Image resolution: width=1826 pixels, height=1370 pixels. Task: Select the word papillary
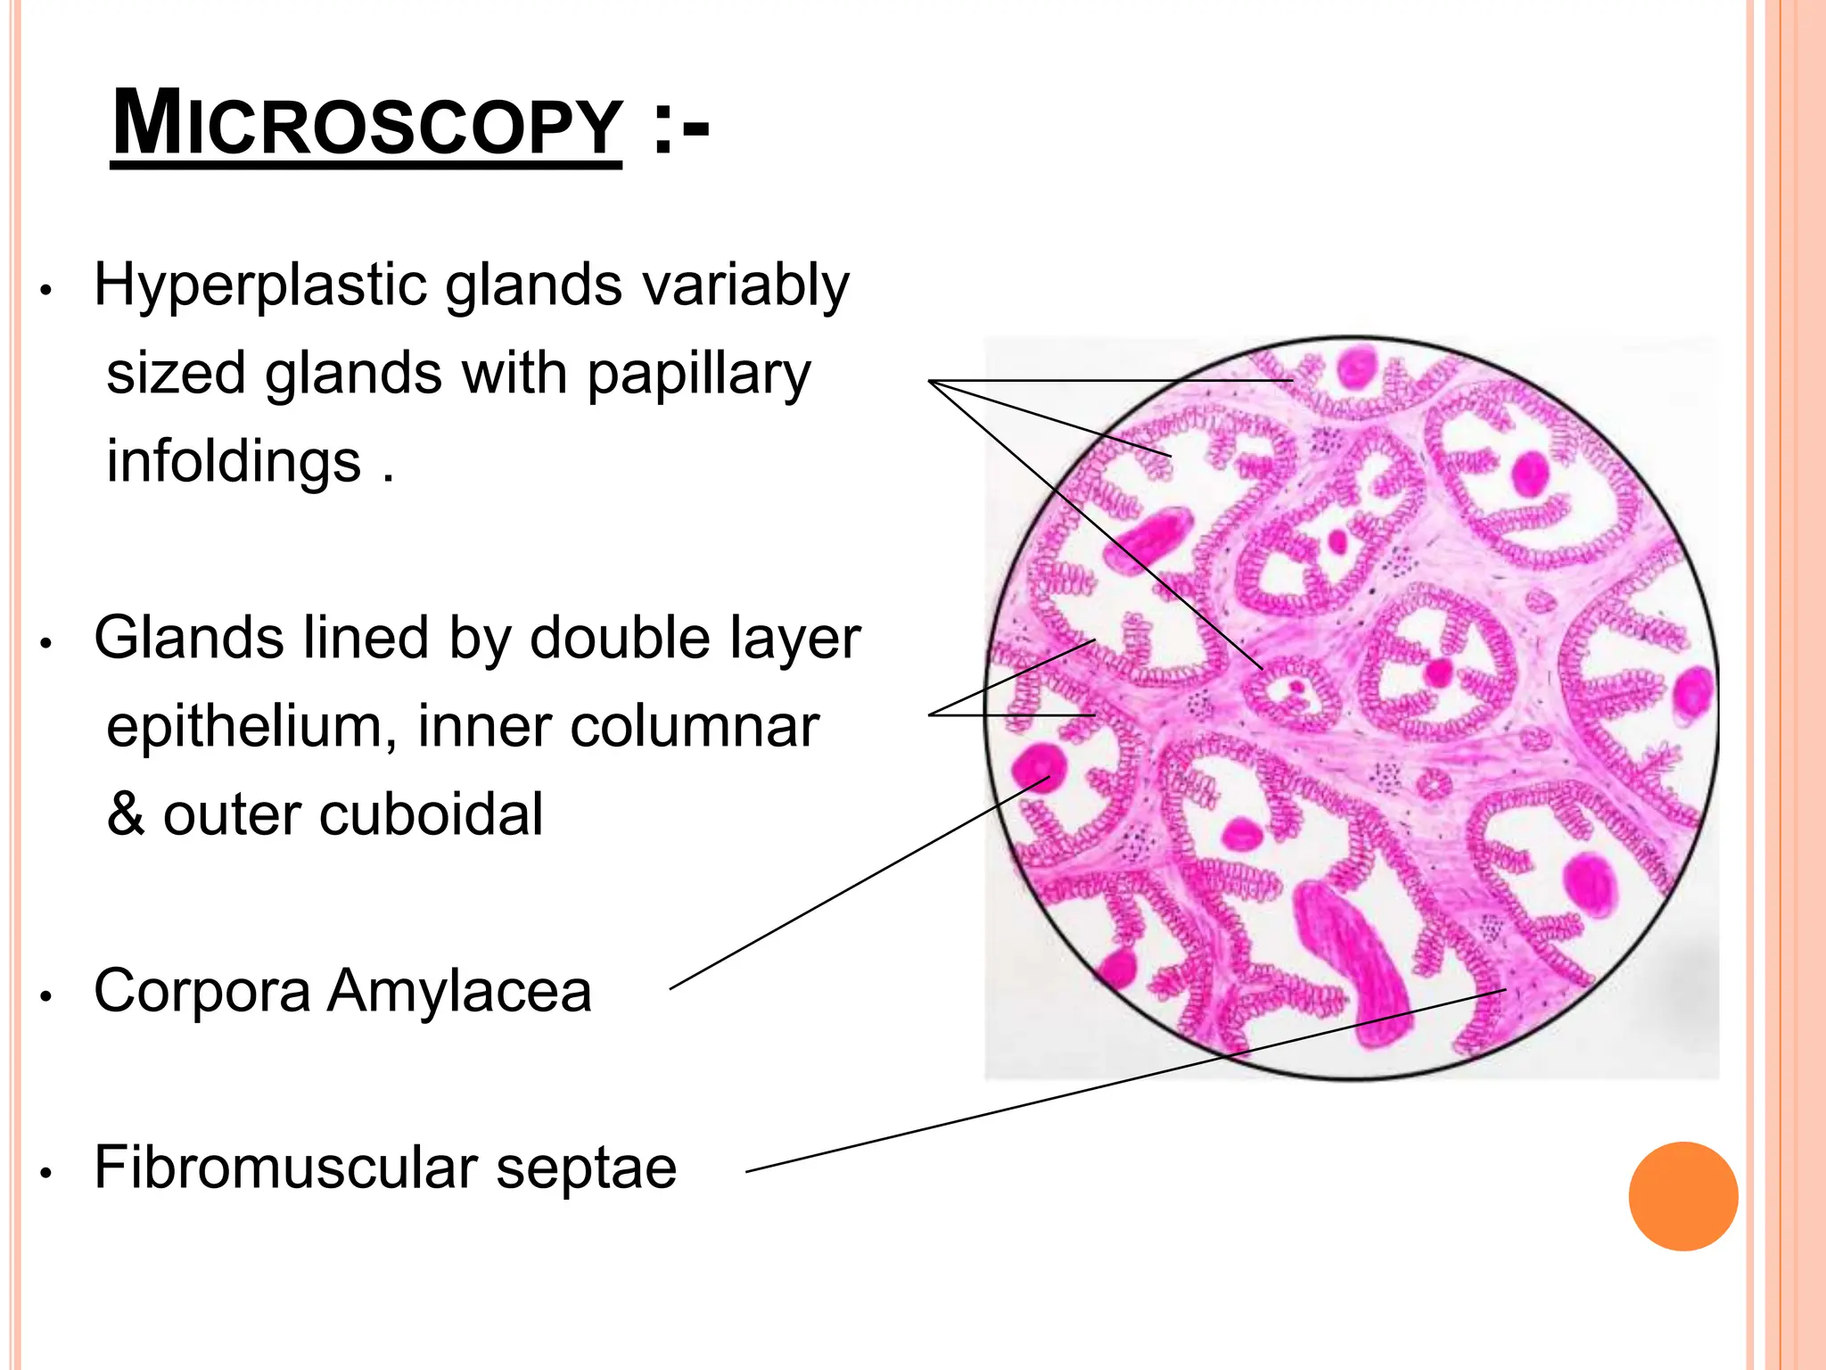coord(698,374)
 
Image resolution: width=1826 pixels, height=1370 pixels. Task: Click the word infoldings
coord(234,461)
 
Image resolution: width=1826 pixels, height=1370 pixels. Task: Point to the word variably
coord(745,285)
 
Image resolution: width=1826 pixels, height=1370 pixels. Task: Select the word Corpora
coord(202,991)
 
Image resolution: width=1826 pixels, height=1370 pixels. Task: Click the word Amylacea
coord(459,991)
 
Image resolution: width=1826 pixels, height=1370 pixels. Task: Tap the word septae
coord(586,1168)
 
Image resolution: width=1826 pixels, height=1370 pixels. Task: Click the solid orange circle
coord(1682,1196)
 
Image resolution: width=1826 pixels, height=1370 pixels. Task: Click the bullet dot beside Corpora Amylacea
coord(47,997)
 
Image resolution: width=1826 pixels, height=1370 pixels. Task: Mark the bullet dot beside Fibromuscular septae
coord(47,1174)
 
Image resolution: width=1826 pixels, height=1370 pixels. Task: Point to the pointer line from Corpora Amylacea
coord(856,884)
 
